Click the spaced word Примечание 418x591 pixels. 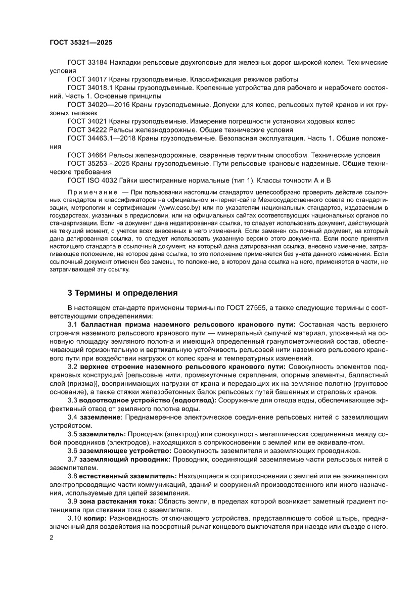91,193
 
